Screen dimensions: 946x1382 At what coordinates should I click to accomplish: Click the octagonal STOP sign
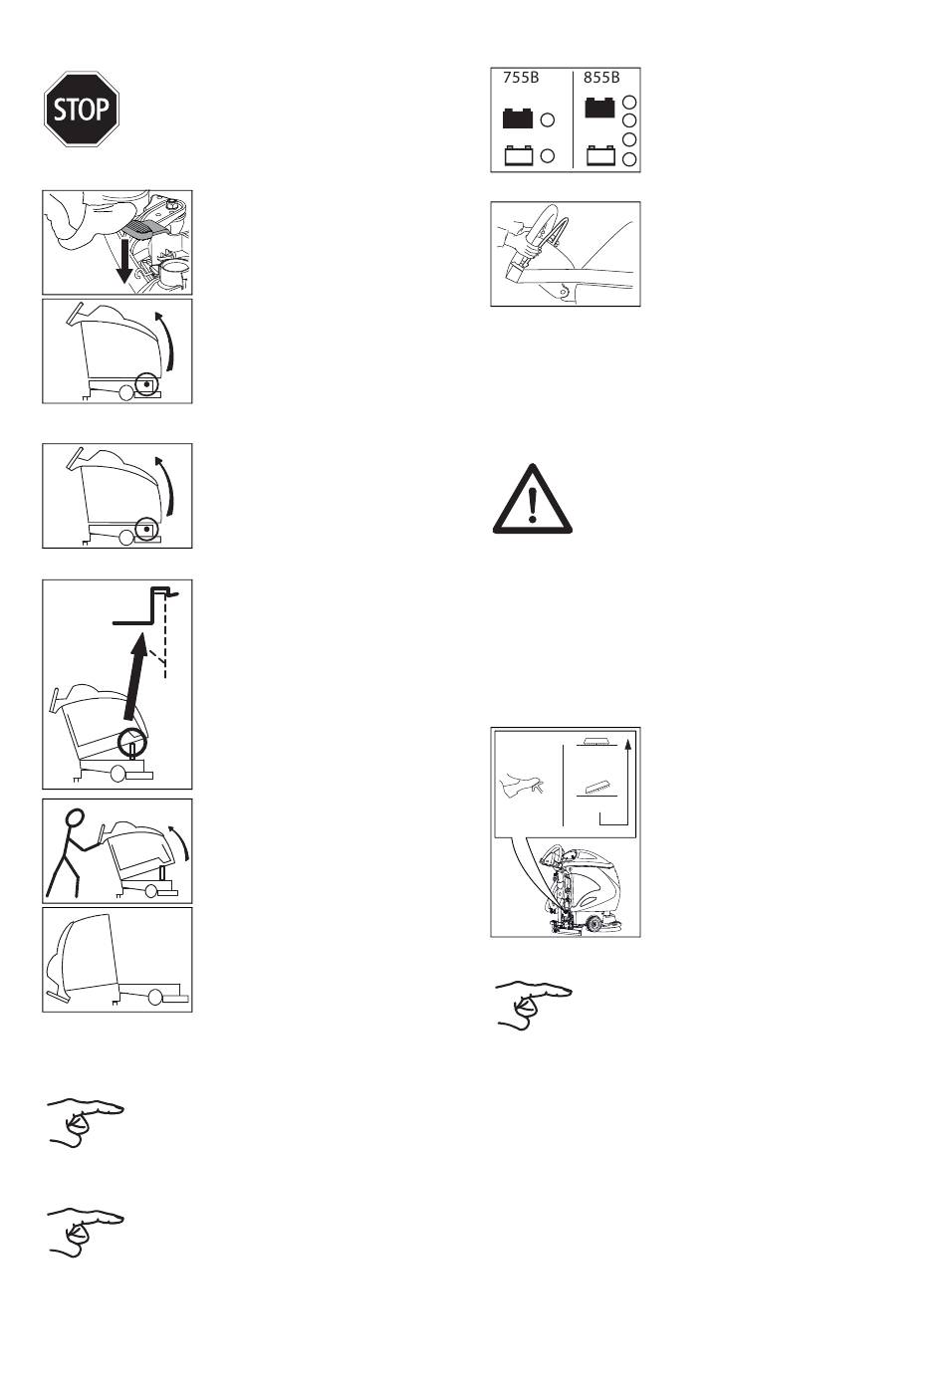pos(81,109)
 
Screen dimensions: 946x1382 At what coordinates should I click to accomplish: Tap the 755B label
pos(521,78)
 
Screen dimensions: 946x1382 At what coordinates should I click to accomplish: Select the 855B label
pos(601,78)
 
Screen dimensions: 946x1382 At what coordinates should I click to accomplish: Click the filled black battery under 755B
pos(518,118)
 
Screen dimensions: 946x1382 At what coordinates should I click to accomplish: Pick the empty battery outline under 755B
pos(519,155)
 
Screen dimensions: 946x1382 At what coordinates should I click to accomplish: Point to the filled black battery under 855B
pos(599,108)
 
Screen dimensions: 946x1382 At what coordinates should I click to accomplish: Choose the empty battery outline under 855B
pos(600,155)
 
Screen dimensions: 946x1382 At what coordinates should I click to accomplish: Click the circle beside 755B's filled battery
pos(548,119)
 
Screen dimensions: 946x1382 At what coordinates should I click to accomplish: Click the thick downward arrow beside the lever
pos(125,262)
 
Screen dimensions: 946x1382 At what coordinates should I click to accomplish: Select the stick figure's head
pos(75,816)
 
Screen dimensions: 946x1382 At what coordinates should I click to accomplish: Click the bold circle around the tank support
pos(132,743)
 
